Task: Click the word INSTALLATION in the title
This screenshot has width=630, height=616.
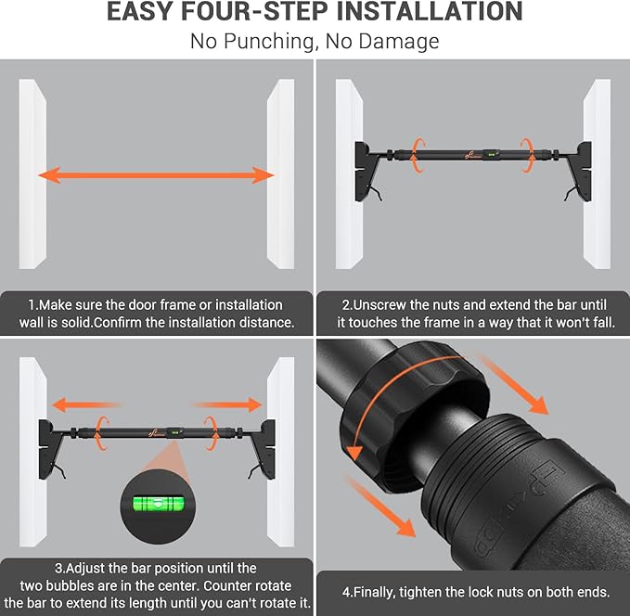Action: pyautogui.click(x=430, y=11)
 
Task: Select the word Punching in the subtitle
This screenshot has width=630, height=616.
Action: pyautogui.click(x=269, y=42)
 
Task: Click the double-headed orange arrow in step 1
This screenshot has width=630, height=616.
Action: pyautogui.click(x=156, y=175)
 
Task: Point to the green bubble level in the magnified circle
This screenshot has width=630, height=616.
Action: pyautogui.click(x=159, y=504)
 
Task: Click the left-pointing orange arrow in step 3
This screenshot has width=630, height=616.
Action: pyautogui.click(x=86, y=405)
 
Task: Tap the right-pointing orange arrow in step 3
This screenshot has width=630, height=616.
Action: pyautogui.click(x=228, y=405)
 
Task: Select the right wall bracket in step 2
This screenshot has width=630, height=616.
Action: pyautogui.click(x=578, y=171)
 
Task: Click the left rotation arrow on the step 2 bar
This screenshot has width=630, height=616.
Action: pyautogui.click(x=418, y=155)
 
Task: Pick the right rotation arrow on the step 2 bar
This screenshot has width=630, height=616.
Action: pyautogui.click(x=527, y=155)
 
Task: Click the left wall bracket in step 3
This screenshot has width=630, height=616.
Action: pyautogui.click(x=52, y=449)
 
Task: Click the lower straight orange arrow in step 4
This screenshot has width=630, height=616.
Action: pyautogui.click(x=380, y=506)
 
